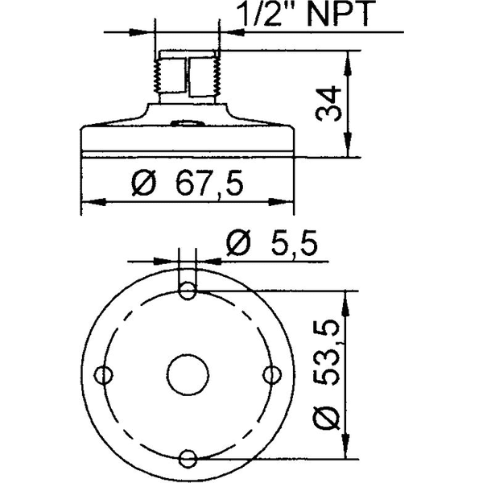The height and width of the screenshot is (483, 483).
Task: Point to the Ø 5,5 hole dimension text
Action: coord(275,242)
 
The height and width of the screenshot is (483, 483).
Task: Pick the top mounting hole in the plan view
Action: coord(187,291)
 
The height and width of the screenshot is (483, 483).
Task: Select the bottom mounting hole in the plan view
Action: coord(187,459)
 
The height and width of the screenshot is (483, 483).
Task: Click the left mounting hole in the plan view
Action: coord(103,374)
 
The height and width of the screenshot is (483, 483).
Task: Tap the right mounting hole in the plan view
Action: coord(271,374)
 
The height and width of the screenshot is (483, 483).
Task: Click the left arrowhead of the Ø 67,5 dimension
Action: coord(89,201)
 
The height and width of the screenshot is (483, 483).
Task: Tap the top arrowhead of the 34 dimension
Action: coord(347,58)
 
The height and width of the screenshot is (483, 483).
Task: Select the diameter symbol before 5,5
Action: coord(239,242)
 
